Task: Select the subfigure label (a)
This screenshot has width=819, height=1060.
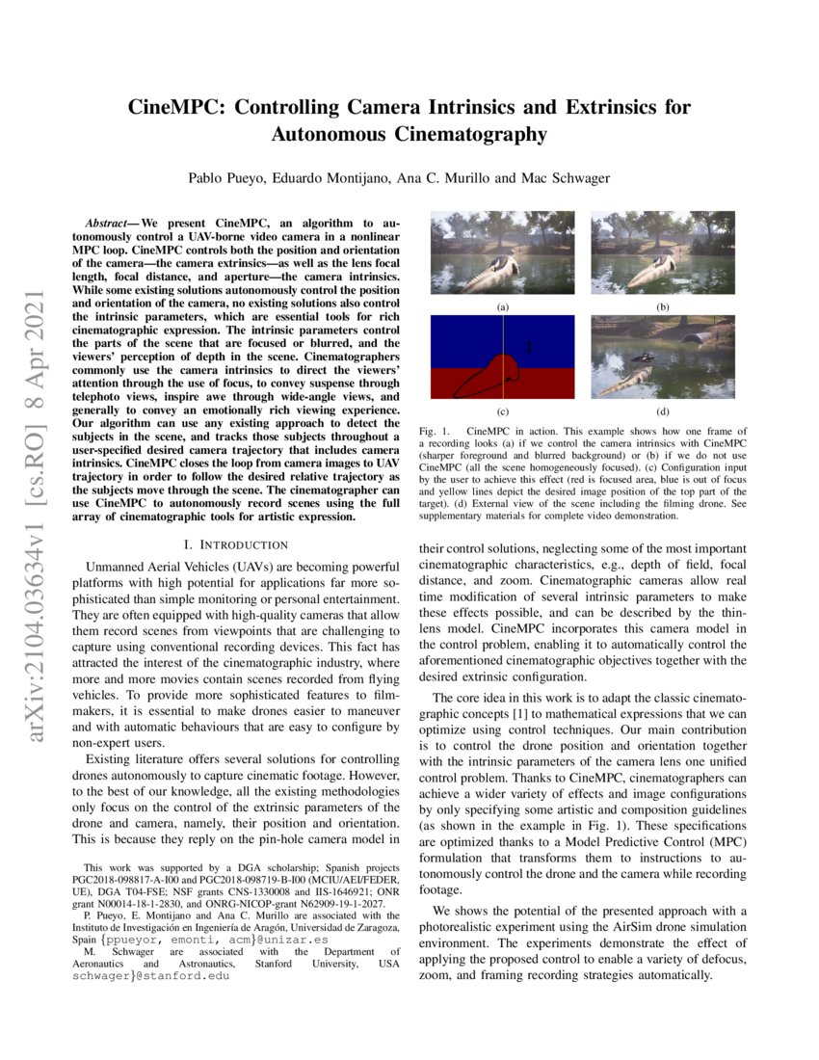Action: [x=502, y=305]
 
